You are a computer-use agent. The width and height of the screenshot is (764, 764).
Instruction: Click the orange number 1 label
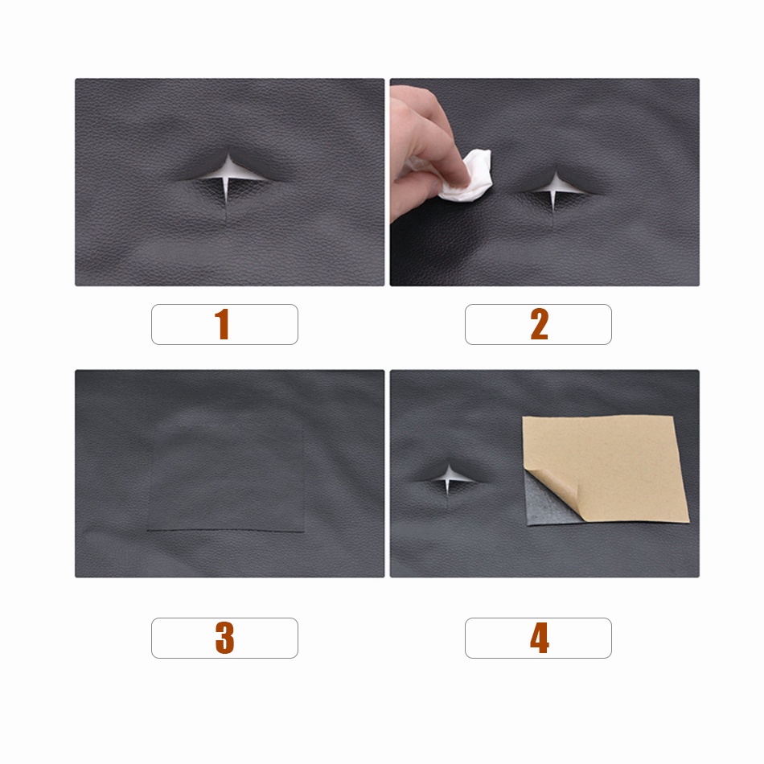[x=222, y=324]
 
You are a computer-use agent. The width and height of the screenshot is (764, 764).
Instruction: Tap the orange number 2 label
[x=540, y=324]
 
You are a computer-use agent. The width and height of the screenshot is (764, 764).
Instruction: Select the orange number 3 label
[x=224, y=638]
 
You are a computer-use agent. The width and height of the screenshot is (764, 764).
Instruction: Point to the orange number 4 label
[x=540, y=638]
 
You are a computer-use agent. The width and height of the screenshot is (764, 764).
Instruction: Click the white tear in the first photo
[x=229, y=174]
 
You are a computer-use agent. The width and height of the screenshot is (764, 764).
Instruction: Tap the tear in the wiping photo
[x=554, y=187]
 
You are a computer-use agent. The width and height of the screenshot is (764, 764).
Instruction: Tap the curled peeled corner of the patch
[x=553, y=492]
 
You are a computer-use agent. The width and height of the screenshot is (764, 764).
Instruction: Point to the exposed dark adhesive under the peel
[x=544, y=507]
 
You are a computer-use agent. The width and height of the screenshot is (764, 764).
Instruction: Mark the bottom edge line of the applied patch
[x=226, y=530]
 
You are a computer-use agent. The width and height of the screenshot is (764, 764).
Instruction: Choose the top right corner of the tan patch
[x=672, y=417]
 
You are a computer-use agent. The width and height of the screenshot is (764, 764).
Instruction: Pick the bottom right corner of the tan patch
[x=689, y=521]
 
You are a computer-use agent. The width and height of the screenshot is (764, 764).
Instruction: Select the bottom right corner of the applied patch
[x=304, y=531]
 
